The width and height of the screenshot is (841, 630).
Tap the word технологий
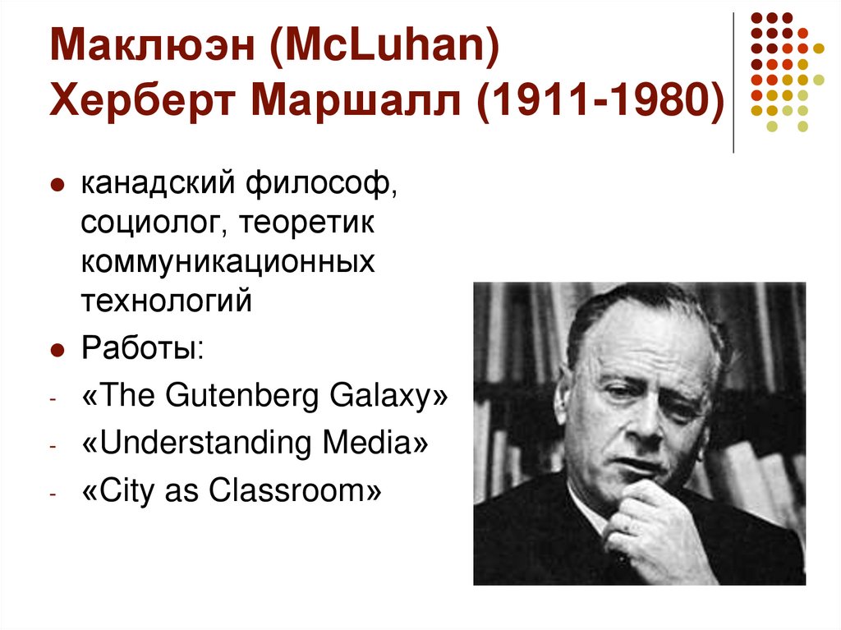point(164,300)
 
